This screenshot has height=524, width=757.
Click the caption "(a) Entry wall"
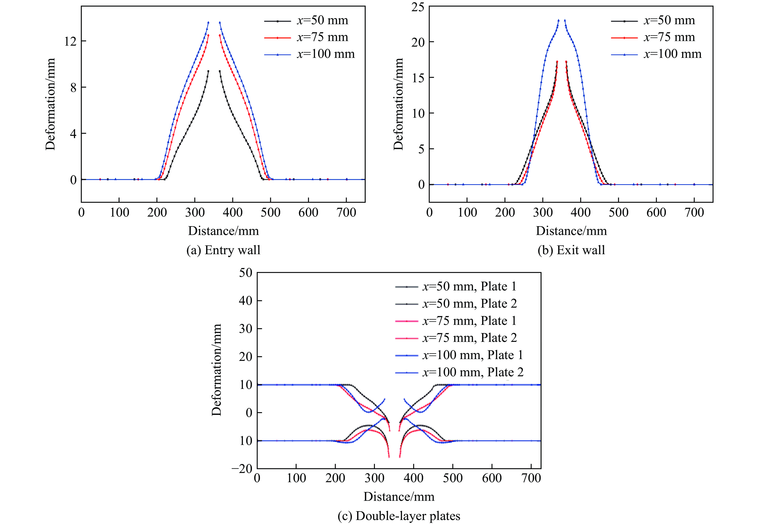click(223, 250)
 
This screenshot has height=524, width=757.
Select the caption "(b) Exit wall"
click(571, 250)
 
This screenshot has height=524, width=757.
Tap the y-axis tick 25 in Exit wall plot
click(418, 7)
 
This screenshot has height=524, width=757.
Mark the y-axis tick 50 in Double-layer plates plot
click(246, 272)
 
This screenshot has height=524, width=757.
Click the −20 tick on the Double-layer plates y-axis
click(242, 469)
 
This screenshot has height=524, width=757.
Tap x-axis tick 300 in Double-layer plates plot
click(374, 478)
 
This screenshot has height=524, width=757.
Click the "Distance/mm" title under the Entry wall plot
click(223, 231)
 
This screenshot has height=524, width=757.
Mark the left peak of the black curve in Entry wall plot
click(208, 71)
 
